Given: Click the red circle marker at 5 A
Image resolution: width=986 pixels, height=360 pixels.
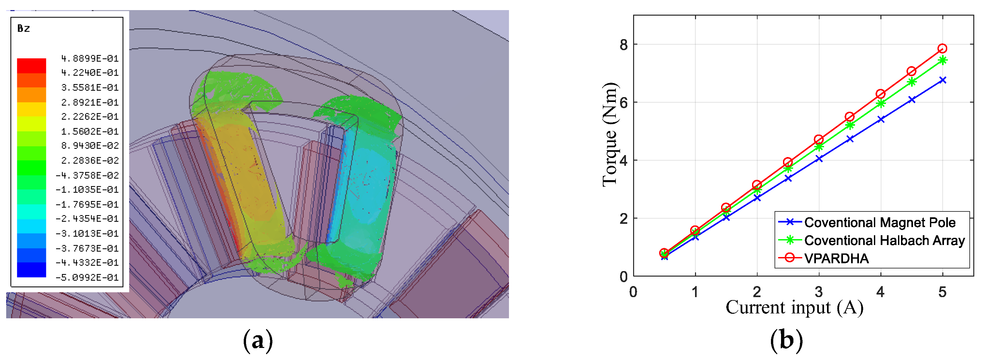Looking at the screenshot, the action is point(942,49).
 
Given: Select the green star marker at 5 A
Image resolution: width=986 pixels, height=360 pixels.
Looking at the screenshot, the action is point(942,60).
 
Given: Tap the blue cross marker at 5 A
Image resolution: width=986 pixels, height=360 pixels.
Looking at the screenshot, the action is point(942,80).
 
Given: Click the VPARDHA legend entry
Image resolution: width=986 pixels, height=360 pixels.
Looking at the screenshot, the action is point(824,258).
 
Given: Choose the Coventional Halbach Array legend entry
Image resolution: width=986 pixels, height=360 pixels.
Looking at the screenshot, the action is point(872,240).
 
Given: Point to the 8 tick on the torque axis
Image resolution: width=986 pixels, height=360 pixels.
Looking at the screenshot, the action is point(624,45).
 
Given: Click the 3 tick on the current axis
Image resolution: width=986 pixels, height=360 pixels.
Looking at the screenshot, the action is point(819,292).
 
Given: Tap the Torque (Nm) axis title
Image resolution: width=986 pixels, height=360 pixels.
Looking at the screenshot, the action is point(610,135).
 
